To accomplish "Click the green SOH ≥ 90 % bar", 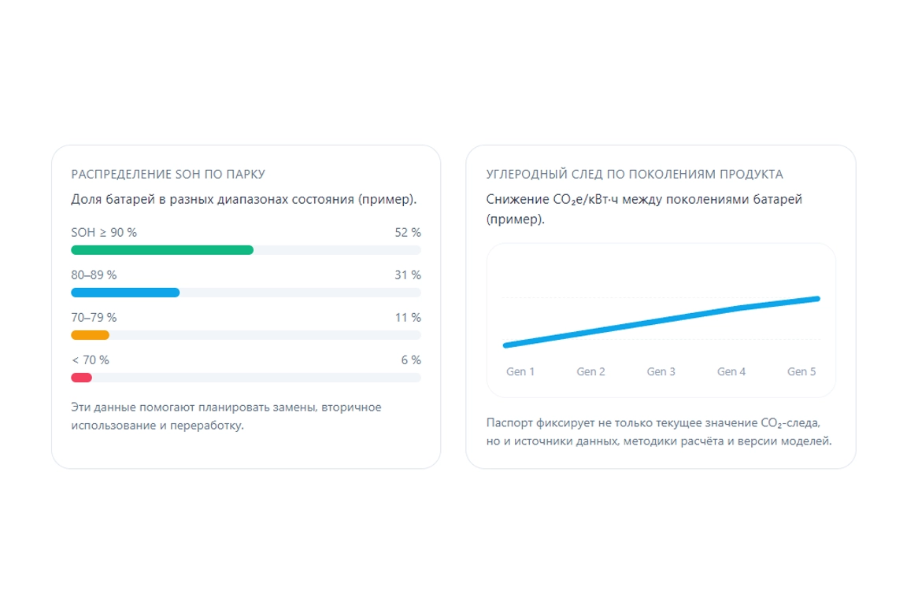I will (162, 250).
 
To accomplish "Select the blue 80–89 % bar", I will (125, 293).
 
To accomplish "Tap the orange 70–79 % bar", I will (90, 335).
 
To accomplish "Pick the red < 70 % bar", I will (81, 378).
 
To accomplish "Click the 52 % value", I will (408, 233).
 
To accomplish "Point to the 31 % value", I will (408, 275).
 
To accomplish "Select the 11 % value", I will (409, 318).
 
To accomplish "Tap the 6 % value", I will (411, 360).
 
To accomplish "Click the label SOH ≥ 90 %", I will (104, 233).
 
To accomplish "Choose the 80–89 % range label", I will (94, 275).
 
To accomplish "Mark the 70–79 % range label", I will (94, 318).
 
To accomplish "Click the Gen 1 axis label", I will (520, 371).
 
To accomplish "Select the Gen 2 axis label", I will (590, 371).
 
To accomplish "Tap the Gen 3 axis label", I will (661, 371).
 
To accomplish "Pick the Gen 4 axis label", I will (731, 371).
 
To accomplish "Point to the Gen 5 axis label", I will (801, 371).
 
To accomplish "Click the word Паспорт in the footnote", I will (509, 422).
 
